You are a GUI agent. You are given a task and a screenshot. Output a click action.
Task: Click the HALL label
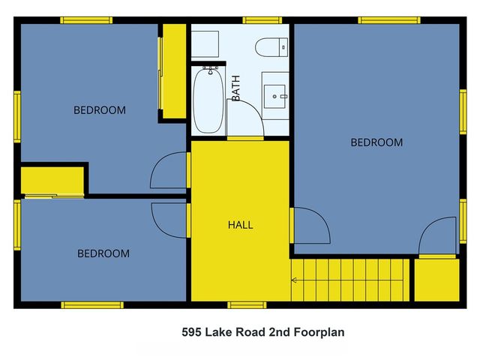click(240, 225)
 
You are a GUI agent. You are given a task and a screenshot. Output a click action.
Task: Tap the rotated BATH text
click(235, 88)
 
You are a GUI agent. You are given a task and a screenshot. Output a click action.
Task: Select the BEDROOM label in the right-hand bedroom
click(376, 142)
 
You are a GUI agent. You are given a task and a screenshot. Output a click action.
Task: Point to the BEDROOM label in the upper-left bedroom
click(99, 110)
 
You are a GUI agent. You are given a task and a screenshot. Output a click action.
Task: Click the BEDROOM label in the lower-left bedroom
click(103, 253)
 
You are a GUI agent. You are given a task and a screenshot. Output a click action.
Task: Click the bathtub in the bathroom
click(208, 101)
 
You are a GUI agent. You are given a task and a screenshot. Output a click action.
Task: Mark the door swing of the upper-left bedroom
click(169, 171)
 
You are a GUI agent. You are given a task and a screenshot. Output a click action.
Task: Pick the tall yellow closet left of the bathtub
click(174, 71)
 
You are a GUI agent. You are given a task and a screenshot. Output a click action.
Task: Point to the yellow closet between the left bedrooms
click(51, 181)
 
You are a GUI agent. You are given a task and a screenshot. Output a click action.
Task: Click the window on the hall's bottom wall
click(247, 305)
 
